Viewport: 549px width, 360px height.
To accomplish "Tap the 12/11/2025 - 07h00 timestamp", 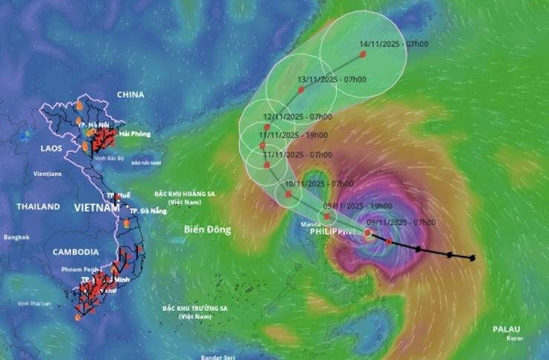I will tap(297, 117).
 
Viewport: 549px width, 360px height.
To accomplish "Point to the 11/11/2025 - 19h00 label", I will tap(294, 135).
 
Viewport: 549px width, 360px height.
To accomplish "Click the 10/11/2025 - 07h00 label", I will tap(318, 183).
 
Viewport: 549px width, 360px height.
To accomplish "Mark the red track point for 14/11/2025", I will tap(363, 54).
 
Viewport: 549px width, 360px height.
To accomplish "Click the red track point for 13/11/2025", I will tap(301, 90).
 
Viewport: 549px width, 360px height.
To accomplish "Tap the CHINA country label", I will tap(131, 95).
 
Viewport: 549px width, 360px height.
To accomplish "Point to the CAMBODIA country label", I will tap(76, 252).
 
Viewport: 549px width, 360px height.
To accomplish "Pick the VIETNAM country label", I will tap(96, 209).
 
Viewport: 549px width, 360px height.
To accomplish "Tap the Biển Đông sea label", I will tap(208, 229).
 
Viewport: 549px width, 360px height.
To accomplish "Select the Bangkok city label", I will tap(16, 238).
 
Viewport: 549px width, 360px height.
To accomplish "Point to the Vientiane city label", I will tap(47, 174).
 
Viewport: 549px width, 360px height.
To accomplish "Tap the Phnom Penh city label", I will tap(81, 269).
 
